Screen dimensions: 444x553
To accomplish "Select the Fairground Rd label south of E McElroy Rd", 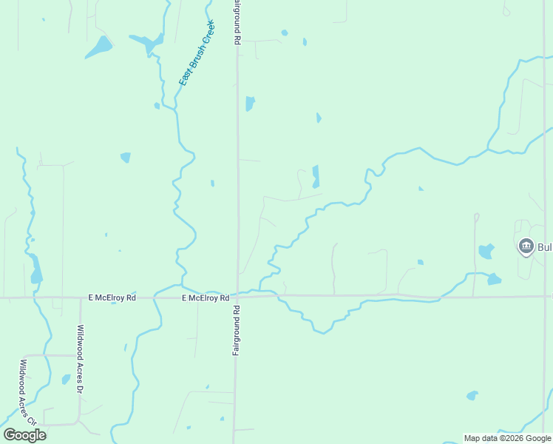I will (x=237, y=330).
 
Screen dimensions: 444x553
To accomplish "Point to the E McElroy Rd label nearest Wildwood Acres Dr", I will (x=112, y=297).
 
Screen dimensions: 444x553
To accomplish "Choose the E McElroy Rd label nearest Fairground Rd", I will (x=206, y=298).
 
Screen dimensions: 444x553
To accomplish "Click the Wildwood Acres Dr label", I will (x=81, y=357).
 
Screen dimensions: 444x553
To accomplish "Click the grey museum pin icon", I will (x=526, y=246).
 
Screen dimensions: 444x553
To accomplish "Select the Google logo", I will (x=24, y=435).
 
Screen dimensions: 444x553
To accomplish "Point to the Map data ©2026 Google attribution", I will (x=506, y=438).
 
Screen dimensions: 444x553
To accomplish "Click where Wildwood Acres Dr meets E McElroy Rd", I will (x=80, y=297).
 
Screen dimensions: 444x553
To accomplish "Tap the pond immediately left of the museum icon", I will (x=486, y=251).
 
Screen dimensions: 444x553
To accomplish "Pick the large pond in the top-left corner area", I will (x=98, y=47).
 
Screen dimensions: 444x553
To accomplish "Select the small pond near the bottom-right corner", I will (x=472, y=396).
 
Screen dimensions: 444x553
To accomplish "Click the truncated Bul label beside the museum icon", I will (x=544, y=246).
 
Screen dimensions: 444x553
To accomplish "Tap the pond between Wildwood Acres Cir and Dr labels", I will (x=66, y=380).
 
